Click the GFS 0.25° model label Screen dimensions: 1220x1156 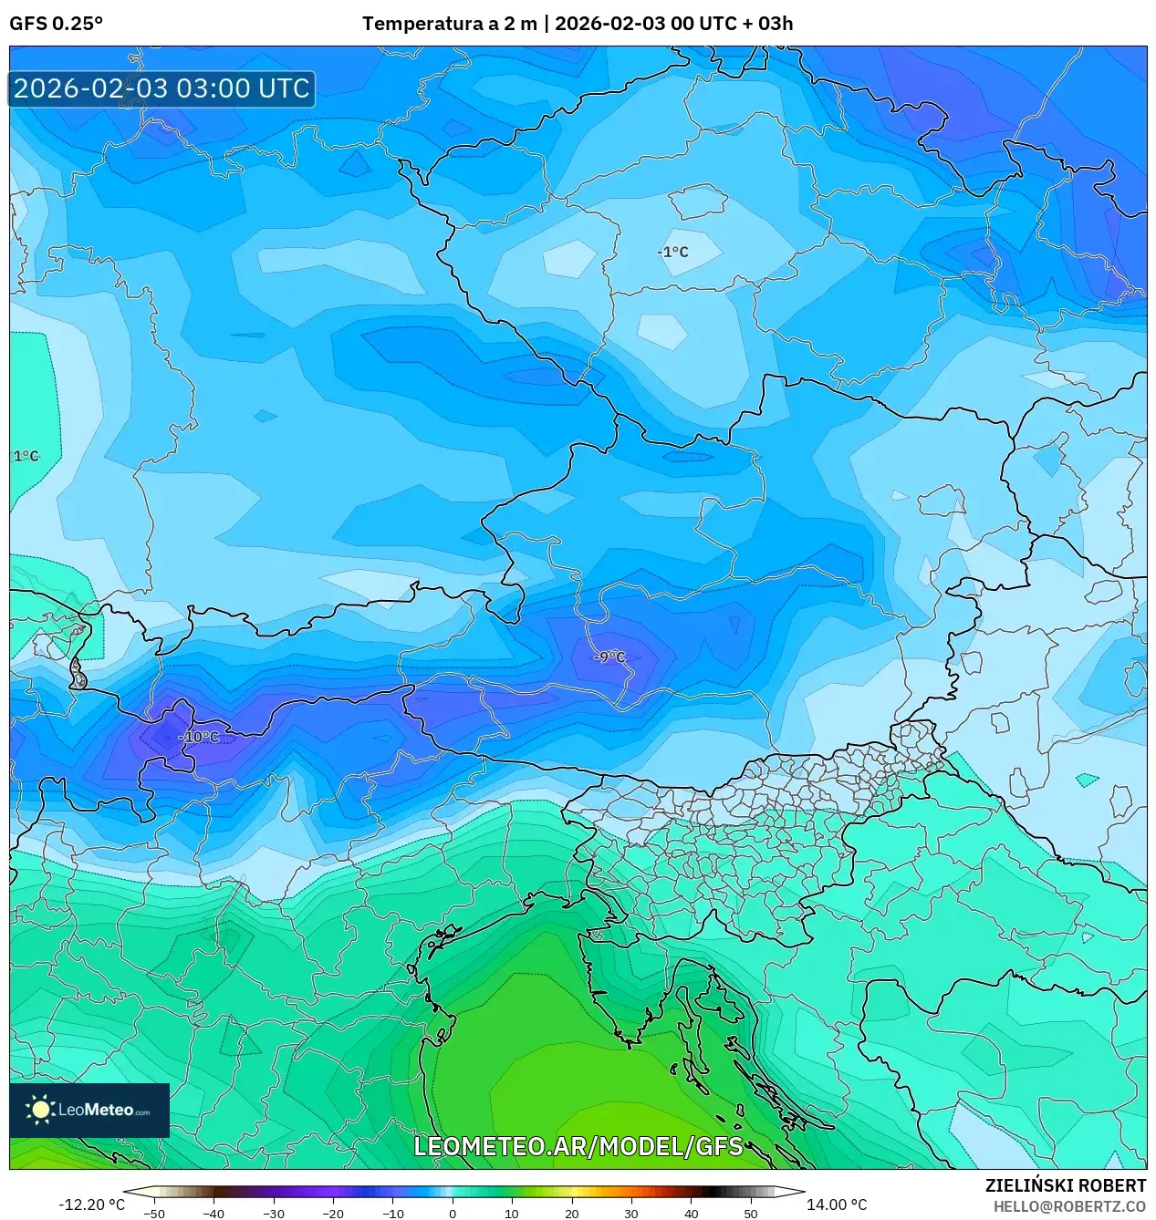[56, 24]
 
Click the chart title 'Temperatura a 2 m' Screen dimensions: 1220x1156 [450, 24]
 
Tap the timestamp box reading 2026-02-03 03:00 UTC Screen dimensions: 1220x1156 [161, 88]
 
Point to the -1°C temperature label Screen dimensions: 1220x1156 [673, 252]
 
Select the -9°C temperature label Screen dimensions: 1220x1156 [609, 657]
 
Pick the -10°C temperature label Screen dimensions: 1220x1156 [199, 737]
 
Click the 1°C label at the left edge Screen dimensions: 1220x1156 [26, 456]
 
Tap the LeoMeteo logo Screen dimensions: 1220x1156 [89, 1110]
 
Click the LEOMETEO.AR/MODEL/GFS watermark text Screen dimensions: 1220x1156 [578, 1146]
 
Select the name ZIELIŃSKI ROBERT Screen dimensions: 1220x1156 [1065, 1185]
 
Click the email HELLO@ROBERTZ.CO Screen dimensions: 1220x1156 [1069, 1206]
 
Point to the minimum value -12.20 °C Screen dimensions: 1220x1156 [91, 1204]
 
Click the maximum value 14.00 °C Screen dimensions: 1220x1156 [837, 1204]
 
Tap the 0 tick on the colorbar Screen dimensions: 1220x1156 [453, 1213]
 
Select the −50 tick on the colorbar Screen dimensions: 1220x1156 [154, 1213]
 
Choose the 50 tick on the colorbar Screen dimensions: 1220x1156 [751, 1213]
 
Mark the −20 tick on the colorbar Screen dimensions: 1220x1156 [333, 1213]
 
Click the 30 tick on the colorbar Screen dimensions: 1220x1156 [631, 1213]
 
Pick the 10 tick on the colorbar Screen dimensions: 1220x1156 [512, 1213]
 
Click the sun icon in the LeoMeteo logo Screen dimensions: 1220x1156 [40, 1110]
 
